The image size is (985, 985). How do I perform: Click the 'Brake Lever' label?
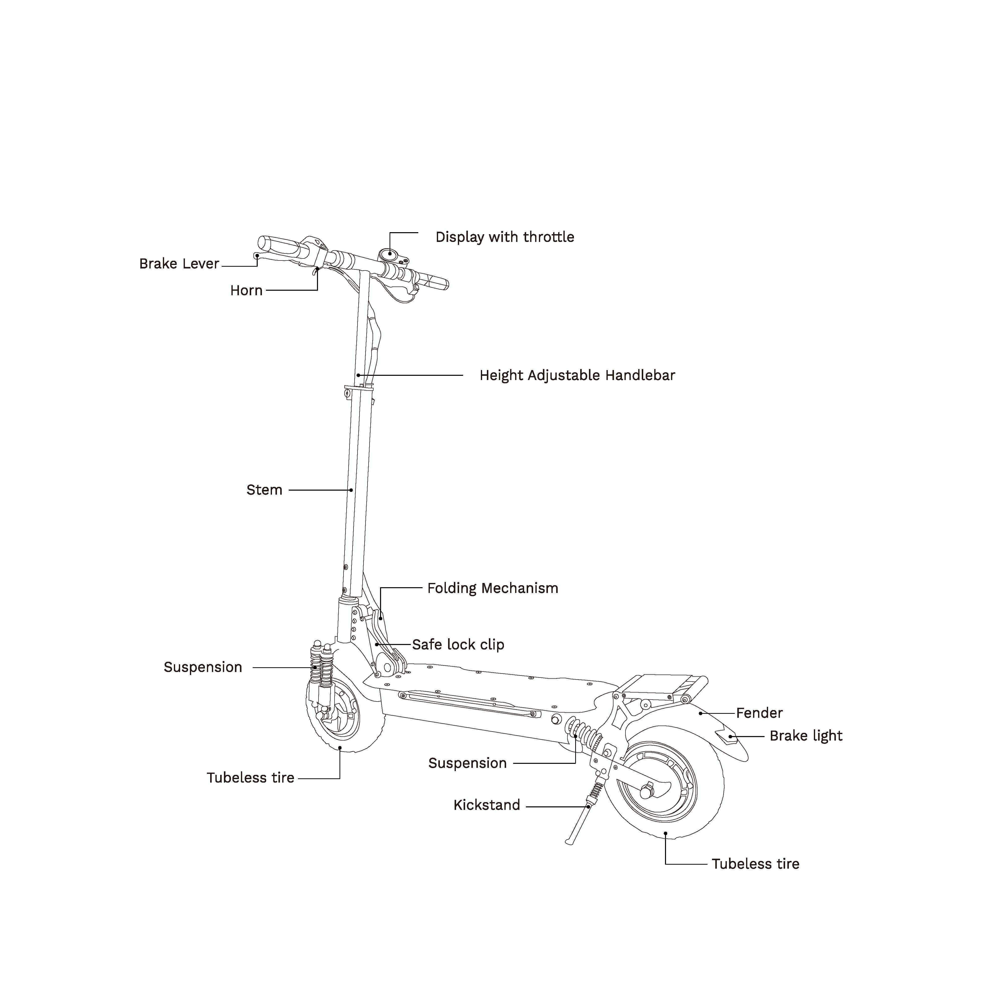click(179, 264)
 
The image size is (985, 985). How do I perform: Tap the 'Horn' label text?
click(246, 291)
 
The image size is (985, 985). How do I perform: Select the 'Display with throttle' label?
click(504, 237)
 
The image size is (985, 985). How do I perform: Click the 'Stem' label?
click(264, 490)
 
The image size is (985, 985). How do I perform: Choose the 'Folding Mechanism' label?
click(492, 588)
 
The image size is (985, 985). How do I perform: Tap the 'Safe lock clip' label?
click(458, 644)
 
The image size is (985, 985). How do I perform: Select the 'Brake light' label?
click(806, 736)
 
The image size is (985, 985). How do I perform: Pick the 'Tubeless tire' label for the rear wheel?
click(755, 864)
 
